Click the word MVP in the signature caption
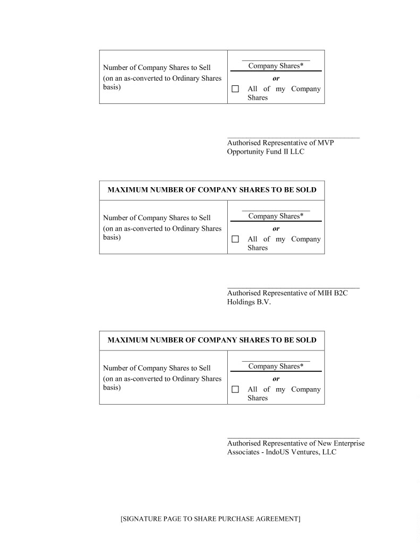(x=325, y=143)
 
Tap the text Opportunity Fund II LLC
(x=265, y=152)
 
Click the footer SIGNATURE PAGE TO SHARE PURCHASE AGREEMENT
(x=210, y=519)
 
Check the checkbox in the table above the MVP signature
(x=235, y=89)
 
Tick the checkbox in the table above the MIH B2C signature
(x=235, y=239)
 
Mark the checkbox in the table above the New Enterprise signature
(x=235, y=389)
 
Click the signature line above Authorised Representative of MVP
(x=293, y=138)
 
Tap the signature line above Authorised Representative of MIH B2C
(x=293, y=288)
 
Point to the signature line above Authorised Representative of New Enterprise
(x=293, y=438)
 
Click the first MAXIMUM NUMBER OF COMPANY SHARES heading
(x=212, y=190)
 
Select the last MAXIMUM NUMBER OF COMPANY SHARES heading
(x=212, y=340)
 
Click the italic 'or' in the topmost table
(x=276, y=78)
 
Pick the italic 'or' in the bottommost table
(x=276, y=379)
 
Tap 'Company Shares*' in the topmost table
(x=276, y=66)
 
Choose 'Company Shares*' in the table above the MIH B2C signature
(x=276, y=216)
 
